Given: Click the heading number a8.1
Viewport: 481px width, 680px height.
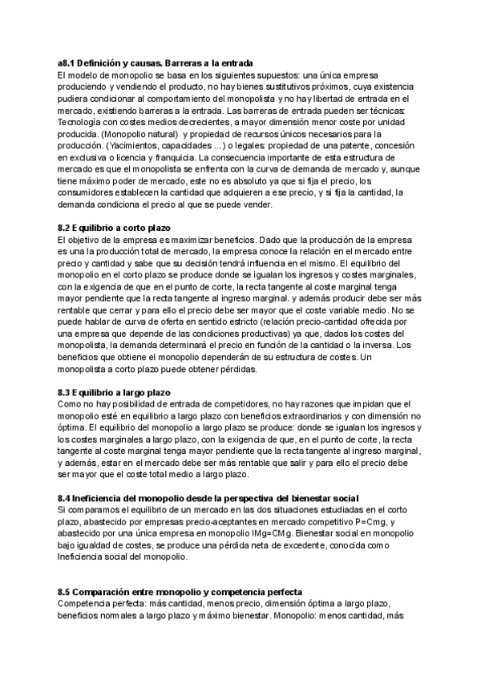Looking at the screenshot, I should coord(68,63).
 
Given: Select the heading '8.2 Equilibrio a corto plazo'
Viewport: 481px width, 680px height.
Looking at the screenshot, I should coord(114,229).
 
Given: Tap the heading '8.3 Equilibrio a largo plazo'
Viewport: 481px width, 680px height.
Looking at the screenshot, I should coord(115,393).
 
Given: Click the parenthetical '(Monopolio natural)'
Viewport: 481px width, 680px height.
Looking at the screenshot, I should coord(140,134).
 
